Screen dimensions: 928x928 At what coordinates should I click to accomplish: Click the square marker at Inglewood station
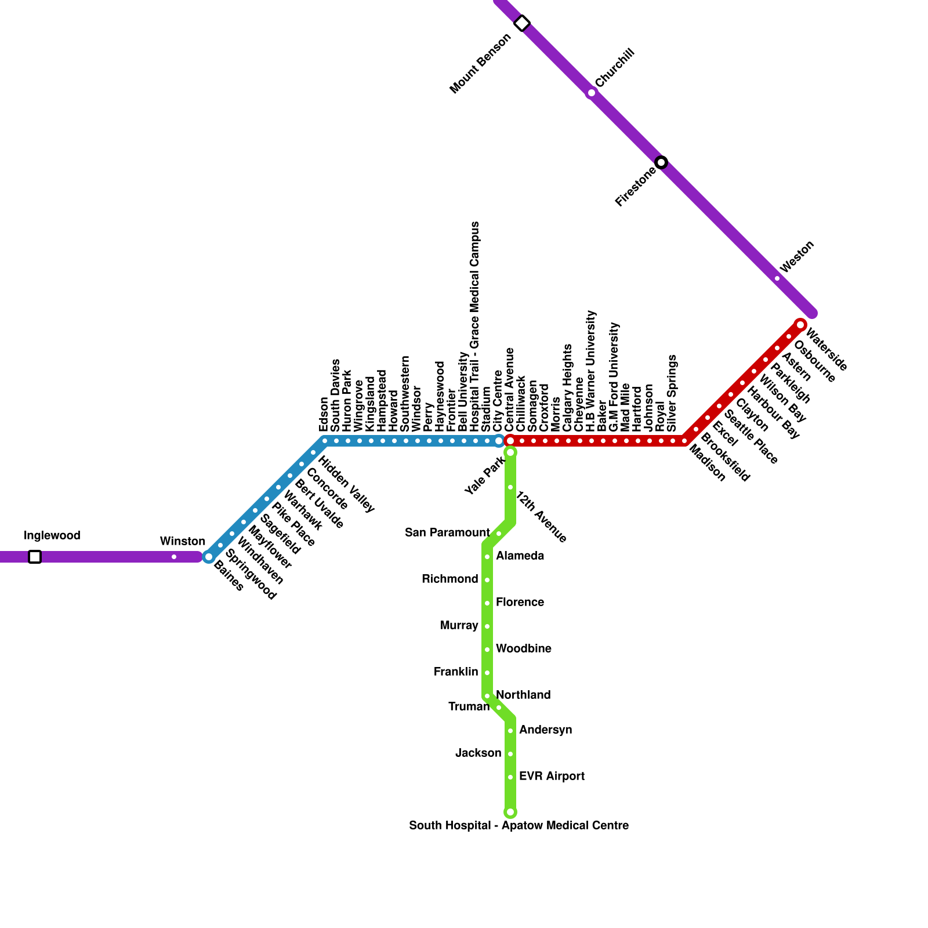[x=35, y=557]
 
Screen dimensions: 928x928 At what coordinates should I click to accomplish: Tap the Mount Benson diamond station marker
[x=522, y=23]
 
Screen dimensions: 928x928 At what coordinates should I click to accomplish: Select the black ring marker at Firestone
[x=661, y=162]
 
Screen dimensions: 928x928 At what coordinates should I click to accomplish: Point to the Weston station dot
[x=777, y=278]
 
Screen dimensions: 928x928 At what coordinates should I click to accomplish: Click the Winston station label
[x=183, y=542]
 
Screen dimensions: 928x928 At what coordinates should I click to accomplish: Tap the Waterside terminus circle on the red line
[x=800, y=325]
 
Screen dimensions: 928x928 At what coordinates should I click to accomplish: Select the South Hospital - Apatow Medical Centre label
[x=519, y=825]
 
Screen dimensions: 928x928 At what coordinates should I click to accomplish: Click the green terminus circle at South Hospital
[x=510, y=812]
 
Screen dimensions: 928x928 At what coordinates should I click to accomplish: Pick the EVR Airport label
[x=552, y=776]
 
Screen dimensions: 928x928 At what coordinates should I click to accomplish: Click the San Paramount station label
[x=447, y=532]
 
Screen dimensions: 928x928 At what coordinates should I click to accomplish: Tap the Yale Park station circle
[x=510, y=452]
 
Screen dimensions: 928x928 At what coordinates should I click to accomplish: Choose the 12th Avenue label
[x=541, y=517]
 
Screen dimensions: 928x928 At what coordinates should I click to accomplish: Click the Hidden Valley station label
[x=346, y=485]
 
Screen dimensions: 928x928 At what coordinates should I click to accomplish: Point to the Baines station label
[x=228, y=576]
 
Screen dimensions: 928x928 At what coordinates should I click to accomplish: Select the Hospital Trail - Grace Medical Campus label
[x=475, y=326]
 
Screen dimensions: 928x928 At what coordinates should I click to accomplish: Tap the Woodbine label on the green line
[x=523, y=648]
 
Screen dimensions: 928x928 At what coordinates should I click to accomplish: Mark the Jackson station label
[x=478, y=753]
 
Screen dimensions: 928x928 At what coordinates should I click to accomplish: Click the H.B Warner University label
[x=591, y=371]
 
